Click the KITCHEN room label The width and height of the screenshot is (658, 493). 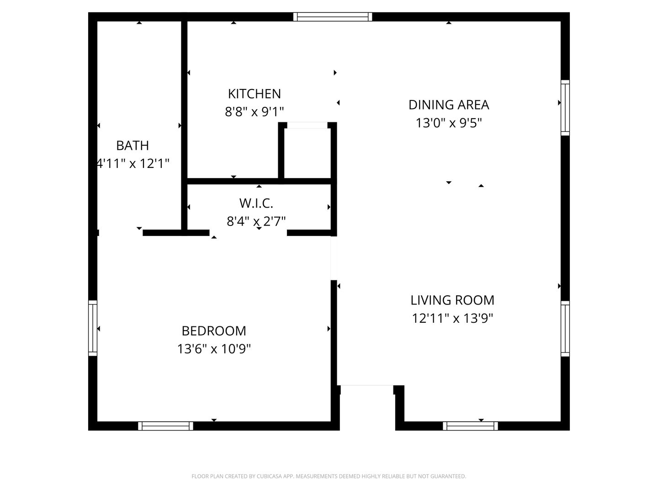coord(254,94)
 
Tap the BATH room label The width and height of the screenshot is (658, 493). coord(133,146)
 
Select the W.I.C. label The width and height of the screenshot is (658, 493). coord(256,203)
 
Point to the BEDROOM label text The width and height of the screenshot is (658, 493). coord(214,331)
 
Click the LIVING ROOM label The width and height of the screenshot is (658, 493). coord(452,300)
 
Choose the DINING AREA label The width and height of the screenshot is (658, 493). coord(449,105)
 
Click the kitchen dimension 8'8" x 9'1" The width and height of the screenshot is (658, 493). coord(254,112)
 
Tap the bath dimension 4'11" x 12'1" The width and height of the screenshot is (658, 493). coord(133,163)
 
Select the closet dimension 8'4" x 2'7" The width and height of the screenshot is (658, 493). coord(256,221)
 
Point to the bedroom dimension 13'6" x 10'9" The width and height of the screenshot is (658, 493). coord(214,349)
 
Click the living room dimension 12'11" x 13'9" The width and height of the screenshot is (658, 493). coord(452,318)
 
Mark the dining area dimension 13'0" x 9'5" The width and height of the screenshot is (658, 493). coord(449,123)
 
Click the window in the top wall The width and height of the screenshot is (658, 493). coord(333,17)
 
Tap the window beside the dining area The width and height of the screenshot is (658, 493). coord(565,108)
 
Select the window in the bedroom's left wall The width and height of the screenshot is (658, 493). coord(93,328)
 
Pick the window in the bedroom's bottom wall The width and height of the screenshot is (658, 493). coord(166,425)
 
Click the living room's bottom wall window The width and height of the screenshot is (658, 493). coord(470,425)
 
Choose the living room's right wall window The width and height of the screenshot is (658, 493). coord(565,329)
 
